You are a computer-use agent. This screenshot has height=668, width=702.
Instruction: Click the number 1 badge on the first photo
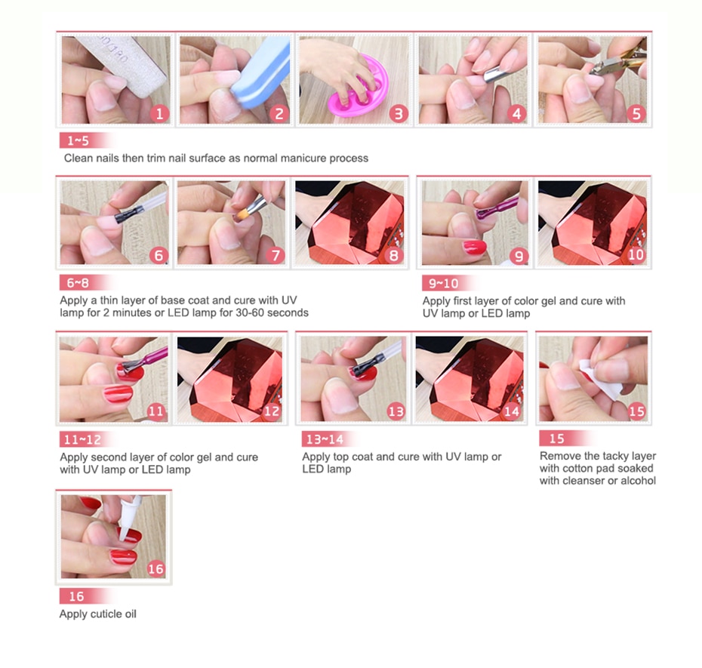159,114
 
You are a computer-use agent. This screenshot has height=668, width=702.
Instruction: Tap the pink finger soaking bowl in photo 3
358,88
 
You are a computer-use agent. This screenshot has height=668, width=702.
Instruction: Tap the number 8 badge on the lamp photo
393,255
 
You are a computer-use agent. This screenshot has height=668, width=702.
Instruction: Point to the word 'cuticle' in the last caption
106,614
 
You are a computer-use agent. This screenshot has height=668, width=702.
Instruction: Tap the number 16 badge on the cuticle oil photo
155,568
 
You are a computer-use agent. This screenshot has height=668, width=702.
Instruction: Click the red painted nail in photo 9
475,247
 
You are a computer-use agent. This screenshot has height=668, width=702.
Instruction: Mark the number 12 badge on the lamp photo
272,411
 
